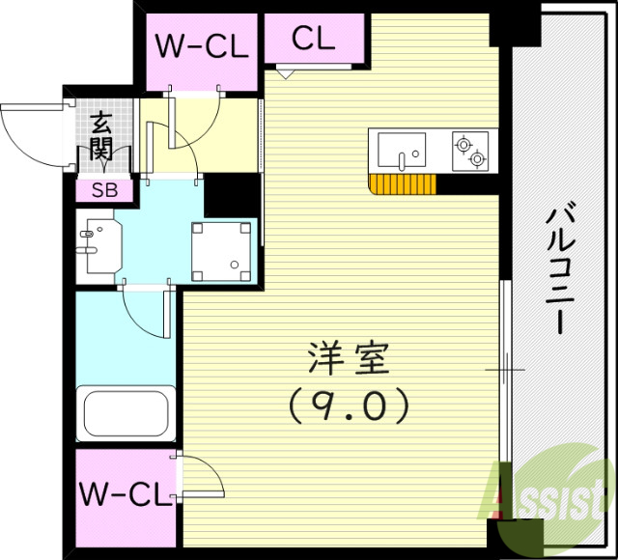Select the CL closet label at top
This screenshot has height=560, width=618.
[x=313, y=40]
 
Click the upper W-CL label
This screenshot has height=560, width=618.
[x=203, y=45]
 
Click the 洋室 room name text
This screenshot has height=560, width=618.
[x=348, y=361]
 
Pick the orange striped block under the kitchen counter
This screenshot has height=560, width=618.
[x=402, y=184]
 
